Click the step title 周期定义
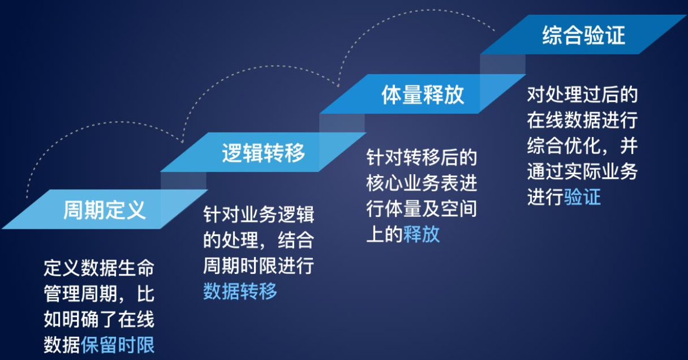point(105,210)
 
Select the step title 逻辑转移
point(263,153)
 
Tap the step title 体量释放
point(423,95)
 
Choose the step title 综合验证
point(583,35)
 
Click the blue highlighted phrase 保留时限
point(118,345)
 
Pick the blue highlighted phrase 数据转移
point(240,291)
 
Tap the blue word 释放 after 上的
point(422,234)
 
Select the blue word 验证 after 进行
point(582,196)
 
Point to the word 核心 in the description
point(385,183)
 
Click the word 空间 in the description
point(459,208)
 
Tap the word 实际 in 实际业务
point(582,171)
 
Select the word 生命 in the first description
point(136,268)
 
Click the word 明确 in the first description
point(80,319)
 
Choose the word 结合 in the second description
point(296,240)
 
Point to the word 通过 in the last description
point(545,171)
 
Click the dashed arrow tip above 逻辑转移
point(182,143)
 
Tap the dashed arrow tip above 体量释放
point(338,86)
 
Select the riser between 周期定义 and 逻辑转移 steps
point(184,181)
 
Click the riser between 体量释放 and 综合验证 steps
point(503,64)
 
